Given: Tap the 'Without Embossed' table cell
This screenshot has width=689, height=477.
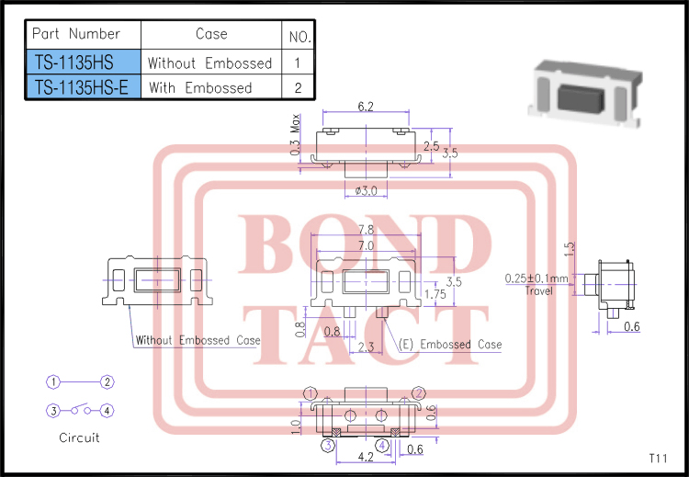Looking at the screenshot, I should (x=210, y=62).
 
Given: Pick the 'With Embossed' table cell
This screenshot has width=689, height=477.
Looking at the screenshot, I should (x=200, y=87).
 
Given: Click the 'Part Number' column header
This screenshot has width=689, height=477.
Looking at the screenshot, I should (x=76, y=34).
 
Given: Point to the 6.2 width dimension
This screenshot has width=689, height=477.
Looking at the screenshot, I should (x=365, y=107).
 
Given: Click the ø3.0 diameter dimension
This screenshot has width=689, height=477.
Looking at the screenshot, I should (x=365, y=190).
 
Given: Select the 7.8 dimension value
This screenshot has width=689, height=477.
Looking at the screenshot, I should (x=365, y=230).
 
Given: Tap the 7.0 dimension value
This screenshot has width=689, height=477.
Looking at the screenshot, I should (x=365, y=246).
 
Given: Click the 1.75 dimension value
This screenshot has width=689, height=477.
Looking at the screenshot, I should (x=436, y=295).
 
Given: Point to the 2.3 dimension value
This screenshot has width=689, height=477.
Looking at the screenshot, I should (x=365, y=346).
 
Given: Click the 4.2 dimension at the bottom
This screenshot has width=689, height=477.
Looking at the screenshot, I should (x=365, y=455).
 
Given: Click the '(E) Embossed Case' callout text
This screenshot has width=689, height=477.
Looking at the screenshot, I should (x=451, y=345).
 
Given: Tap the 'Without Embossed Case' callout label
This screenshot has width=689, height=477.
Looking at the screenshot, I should (x=198, y=340).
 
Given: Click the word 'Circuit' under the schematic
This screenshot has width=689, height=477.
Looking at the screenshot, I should (x=79, y=437).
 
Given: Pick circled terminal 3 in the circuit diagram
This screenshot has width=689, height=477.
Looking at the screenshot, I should (x=54, y=410).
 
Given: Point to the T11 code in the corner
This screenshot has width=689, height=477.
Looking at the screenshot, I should (x=658, y=457).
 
